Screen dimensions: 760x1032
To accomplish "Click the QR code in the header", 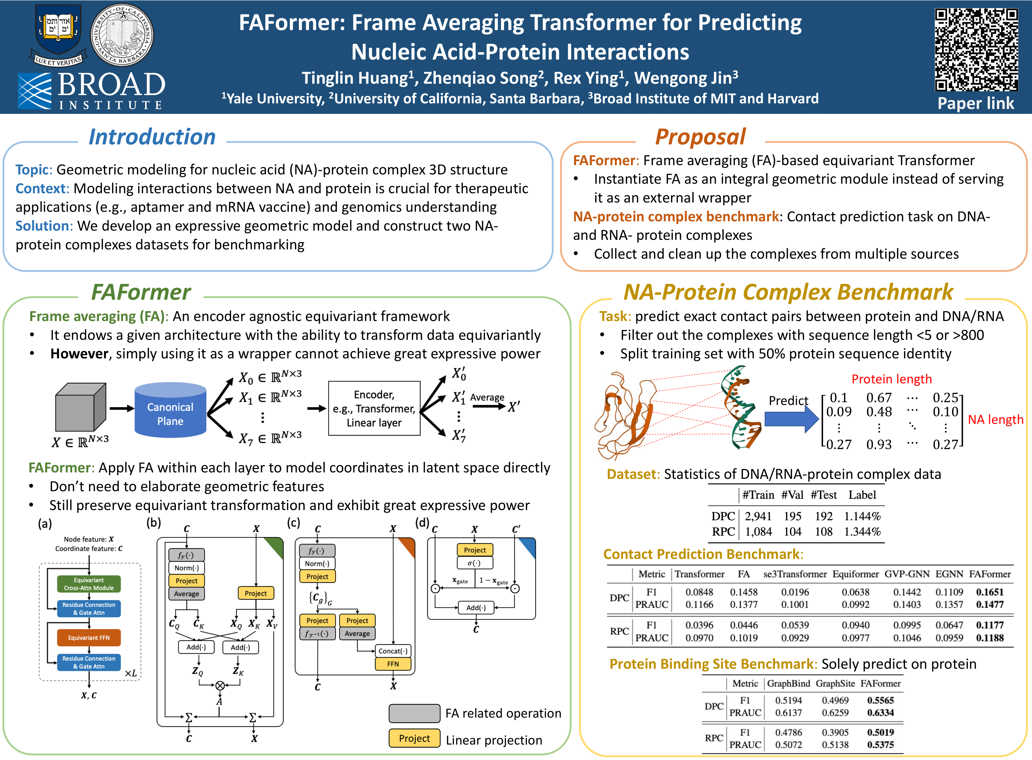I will tap(976, 50).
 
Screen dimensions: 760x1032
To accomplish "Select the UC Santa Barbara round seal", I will tap(122, 35).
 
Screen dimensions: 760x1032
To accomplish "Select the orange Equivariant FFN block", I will tap(89, 638).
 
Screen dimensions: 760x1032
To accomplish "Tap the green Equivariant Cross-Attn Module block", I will tap(89, 584).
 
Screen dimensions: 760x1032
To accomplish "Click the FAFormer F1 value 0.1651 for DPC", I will tap(990, 592).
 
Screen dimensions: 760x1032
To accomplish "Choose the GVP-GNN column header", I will tap(907, 574).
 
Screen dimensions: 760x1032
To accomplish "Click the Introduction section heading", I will tap(152, 137).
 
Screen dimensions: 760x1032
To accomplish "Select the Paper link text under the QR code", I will tap(976, 104).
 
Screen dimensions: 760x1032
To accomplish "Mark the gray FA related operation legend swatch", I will tap(414, 713).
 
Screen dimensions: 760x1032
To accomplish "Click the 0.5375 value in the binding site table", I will tap(880, 744).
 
